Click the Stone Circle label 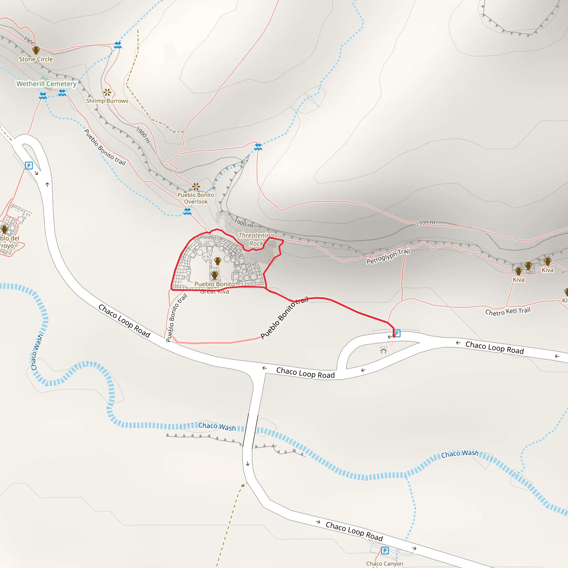36,59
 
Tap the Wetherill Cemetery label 46,84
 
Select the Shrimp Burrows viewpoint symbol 107,92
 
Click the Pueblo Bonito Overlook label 196,198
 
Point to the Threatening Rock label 256,239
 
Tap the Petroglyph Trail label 388,256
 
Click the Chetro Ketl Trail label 508,311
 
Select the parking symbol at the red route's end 397,333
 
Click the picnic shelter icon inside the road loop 383,349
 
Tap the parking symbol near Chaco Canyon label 385,550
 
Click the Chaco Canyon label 385,564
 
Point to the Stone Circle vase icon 36,50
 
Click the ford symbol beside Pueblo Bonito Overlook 187,211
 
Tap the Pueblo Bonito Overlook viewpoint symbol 196,186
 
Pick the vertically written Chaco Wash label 37,352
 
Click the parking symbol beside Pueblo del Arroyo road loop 29,166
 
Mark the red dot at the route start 394,336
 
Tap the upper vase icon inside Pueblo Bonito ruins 217,261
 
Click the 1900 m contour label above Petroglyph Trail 425,223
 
